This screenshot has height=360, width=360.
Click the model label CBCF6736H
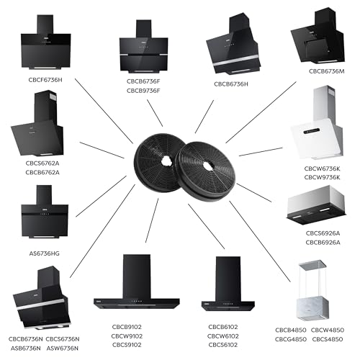45,80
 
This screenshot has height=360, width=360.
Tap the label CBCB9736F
143,91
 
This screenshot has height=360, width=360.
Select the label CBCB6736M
326,71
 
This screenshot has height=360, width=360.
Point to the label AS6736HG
44,253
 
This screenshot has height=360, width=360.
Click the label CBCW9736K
322,177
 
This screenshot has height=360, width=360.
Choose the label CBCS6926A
323,233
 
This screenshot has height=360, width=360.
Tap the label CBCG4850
291,339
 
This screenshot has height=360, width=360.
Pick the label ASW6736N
63,348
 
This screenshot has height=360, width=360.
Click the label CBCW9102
127,336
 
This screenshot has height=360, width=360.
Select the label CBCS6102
223,345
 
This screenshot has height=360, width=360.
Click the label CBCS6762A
42,163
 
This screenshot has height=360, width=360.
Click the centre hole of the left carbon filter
166,161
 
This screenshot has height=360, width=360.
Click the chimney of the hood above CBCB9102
137,276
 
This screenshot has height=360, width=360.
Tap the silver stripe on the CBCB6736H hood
236,60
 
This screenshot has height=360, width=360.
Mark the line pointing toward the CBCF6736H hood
104,111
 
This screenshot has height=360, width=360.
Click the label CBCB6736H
231,84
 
